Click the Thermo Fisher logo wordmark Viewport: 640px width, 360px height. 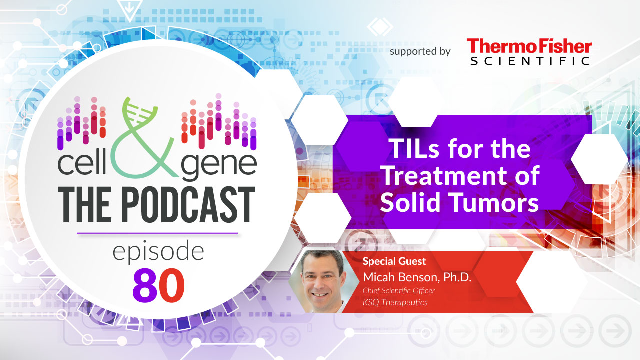529,46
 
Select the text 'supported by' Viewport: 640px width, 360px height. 420,51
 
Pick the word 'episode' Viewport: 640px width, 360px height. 158,252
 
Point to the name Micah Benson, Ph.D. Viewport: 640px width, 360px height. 417,277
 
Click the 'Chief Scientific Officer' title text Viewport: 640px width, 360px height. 399,291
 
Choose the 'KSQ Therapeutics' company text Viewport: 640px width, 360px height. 395,302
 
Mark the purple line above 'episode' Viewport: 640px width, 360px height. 157,233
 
